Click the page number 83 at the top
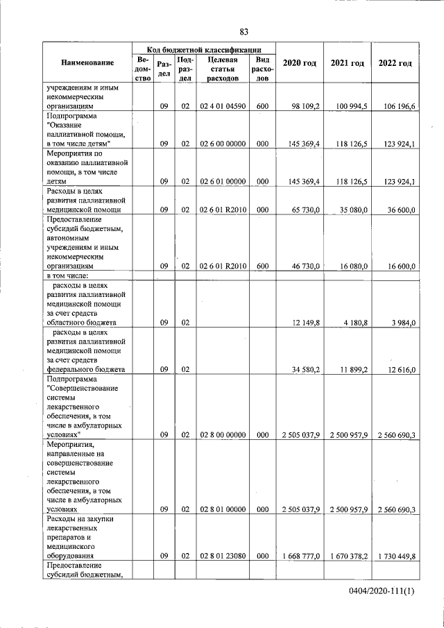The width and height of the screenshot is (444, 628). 244,31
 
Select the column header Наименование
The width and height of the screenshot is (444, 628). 87,64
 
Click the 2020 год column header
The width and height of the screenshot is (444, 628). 300,64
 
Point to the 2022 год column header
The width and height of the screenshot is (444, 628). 395,64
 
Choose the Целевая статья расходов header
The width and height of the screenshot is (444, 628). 223,69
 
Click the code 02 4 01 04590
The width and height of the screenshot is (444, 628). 223,106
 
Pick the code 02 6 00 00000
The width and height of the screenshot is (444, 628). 223,144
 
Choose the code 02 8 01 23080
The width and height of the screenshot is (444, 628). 223,555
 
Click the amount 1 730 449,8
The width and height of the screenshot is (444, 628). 395,555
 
